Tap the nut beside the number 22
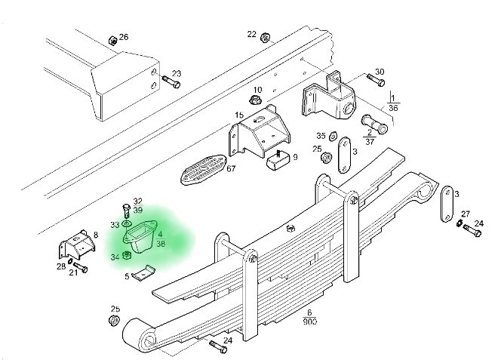265,37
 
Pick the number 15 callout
238,115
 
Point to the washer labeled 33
125,224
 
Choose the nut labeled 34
127,256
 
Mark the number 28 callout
60,266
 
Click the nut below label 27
460,223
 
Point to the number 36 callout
392,108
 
